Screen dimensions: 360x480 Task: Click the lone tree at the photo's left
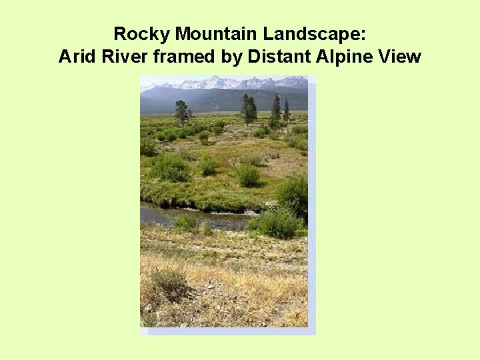tap(182, 111)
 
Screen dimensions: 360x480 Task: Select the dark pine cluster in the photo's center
tap(249, 109)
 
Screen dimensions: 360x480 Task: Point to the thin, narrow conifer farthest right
tap(286, 109)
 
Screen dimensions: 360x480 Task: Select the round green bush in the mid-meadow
tap(248, 175)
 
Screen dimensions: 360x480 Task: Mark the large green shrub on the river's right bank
tap(277, 222)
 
